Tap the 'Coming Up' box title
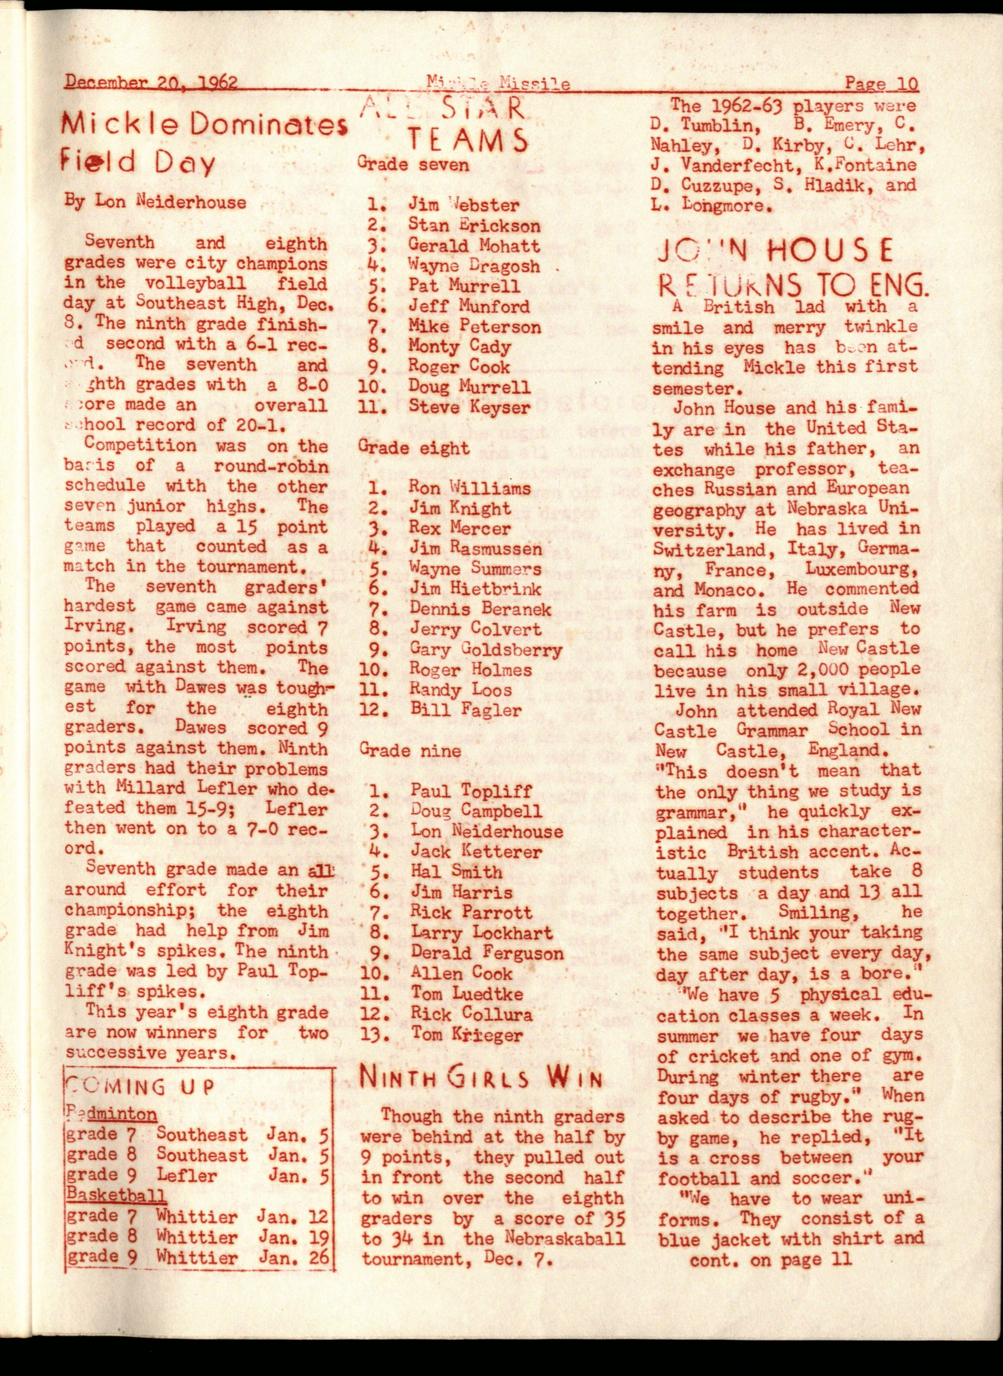point(140,1085)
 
